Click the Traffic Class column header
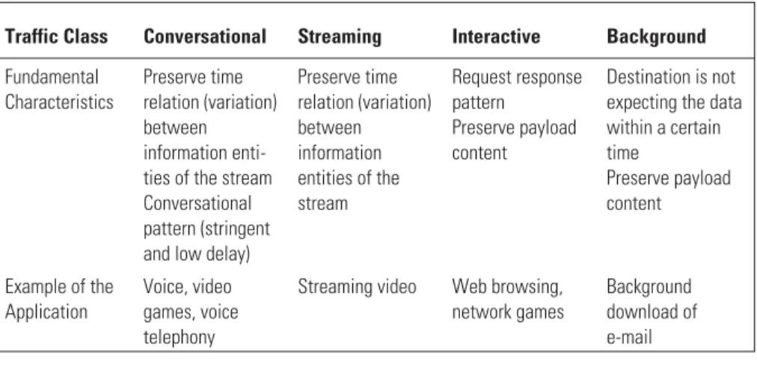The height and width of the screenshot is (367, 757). tap(57, 37)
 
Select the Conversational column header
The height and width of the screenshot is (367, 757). tap(205, 37)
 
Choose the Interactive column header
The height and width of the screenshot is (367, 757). tap(496, 37)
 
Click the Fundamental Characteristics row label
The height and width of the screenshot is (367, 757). tap(59, 89)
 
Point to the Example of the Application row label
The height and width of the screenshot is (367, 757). tap(59, 300)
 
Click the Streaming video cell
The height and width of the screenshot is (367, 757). tap(357, 287)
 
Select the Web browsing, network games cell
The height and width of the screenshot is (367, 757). tap(508, 300)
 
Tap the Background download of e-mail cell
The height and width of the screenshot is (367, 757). tap(652, 312)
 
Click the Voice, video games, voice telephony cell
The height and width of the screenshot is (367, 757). tap(191, 312)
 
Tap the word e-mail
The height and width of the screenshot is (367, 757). tap(629, 337)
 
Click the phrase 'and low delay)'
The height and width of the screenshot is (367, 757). tap(197, 253)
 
